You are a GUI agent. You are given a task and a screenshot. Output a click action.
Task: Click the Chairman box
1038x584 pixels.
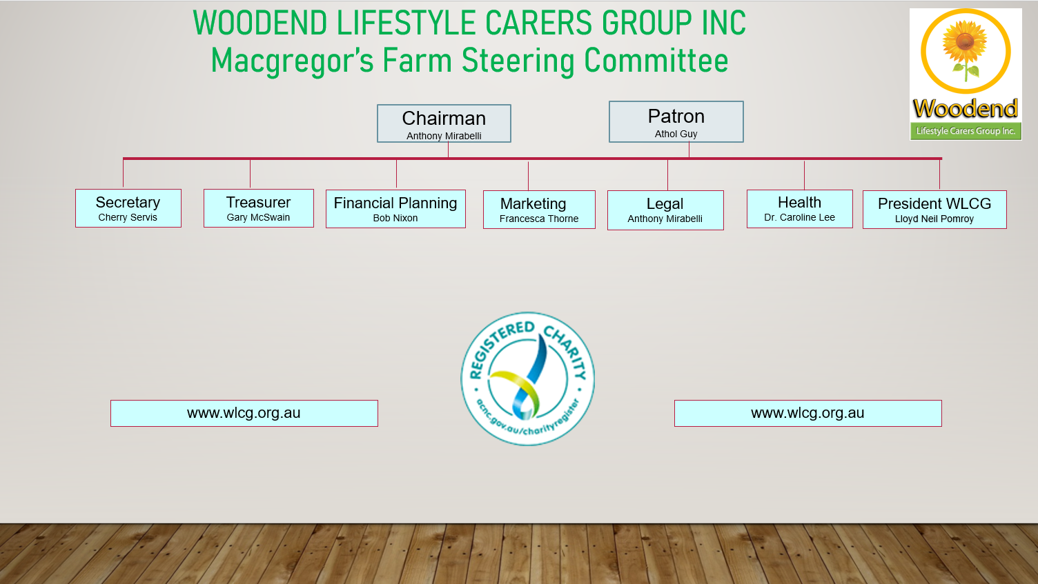[444, 123]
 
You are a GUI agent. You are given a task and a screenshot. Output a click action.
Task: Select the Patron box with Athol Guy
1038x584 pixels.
[676, 121]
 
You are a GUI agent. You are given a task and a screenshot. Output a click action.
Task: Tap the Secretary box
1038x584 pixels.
[128, 208]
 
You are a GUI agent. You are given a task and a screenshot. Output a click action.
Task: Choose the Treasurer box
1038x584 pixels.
[259, 208]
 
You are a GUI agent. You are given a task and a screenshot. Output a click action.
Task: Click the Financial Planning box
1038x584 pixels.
[395, 209]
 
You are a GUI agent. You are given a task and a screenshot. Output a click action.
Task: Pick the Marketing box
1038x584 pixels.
[539, 210]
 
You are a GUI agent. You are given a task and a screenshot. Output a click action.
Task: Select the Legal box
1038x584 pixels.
[665, 210]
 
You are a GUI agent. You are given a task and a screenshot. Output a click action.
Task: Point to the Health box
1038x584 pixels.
[799, 209]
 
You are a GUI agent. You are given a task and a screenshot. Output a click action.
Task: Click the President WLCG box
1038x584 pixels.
[934, 210]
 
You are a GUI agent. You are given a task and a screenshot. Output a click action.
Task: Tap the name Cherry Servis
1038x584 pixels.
[128, 217]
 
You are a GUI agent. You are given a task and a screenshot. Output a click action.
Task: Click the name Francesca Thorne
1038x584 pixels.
[539, 219]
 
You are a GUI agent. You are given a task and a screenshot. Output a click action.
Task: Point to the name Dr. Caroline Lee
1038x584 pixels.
[799, 217]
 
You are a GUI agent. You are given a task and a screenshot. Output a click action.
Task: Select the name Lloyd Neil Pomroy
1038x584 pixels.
[934, 219]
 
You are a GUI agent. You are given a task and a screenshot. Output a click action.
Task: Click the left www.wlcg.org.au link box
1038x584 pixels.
[244, 413]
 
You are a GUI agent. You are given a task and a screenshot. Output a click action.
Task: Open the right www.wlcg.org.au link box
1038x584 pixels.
[807, 413]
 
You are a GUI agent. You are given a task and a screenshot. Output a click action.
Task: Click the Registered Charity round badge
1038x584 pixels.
[528, 379]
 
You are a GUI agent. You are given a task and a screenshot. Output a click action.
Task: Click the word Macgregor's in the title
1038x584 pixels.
[292, 61]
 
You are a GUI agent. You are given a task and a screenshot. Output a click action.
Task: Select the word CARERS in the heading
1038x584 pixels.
[538, 23]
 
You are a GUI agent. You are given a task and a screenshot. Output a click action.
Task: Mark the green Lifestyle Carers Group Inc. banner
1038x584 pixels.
[966, 131]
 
